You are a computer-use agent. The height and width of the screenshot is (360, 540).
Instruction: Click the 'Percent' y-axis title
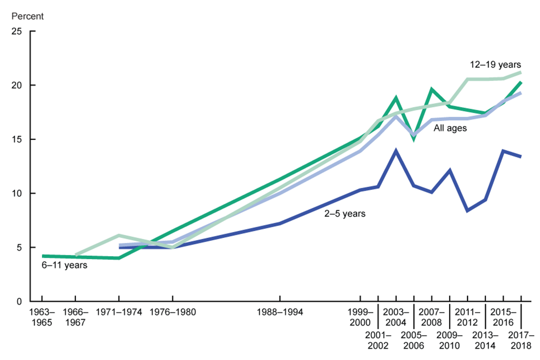pos(28,17)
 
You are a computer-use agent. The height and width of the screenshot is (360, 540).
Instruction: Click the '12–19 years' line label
pos(495,65)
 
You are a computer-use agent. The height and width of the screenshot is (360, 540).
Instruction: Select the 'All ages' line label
pos(450,128)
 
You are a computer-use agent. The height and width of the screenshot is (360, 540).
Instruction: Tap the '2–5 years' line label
pos(345,214)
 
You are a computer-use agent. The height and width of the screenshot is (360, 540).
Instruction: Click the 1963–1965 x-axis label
pos(42,317)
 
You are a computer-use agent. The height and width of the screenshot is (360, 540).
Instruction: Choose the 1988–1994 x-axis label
pos(280,311)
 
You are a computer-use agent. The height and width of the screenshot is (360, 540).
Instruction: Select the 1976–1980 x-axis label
pos(172,311)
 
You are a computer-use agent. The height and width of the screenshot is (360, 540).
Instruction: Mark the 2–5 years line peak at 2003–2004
pos(396,151)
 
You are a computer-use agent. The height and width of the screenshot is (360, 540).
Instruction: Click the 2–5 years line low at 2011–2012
pos(468,211)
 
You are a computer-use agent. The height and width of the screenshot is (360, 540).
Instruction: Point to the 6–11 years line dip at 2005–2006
pos(414,139)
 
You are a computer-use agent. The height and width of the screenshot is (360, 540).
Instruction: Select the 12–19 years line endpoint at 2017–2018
pos(521,72)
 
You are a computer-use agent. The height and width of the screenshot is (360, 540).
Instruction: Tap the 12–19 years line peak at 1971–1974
pos(118,235)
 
